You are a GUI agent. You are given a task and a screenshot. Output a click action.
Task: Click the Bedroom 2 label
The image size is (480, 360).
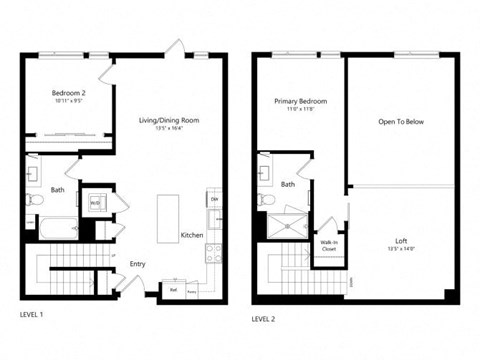tap(69, 93)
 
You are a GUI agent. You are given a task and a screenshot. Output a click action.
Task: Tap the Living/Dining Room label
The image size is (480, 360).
tap(169, 121)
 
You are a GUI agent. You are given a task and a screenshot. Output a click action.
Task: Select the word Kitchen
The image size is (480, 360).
tap(192, 235)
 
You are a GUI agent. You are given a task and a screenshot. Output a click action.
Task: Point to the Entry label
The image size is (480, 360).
tap(137, 264)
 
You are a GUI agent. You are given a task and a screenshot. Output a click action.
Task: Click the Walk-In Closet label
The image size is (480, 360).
tap(328, 244)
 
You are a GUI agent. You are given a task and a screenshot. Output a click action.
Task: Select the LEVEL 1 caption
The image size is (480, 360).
tap(32, 314)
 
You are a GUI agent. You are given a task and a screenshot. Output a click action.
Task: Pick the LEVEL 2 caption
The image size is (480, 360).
tap(264, 318)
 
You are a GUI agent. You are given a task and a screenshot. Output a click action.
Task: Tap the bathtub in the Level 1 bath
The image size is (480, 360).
tap(56, 229)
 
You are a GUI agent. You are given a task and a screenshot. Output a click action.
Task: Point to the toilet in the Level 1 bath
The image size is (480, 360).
tap(34, 200)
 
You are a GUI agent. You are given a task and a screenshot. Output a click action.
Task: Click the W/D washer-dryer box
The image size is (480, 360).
tap(96, 203)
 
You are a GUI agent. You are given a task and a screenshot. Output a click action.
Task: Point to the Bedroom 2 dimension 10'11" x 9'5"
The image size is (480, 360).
tap(69, 102)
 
